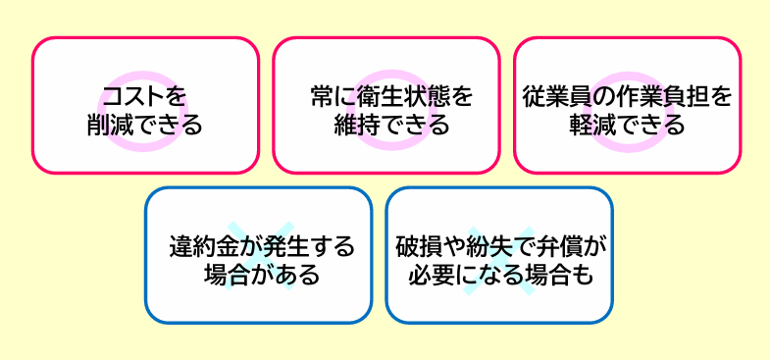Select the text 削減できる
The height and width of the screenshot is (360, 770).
[x=145, y=126]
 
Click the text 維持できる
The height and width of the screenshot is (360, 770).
[x=385, y=126]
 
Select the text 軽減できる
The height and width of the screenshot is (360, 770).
[x=627, y=126]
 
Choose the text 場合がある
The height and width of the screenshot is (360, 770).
[x=259, y=274]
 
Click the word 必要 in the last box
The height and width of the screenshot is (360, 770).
[x=426, y=274]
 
